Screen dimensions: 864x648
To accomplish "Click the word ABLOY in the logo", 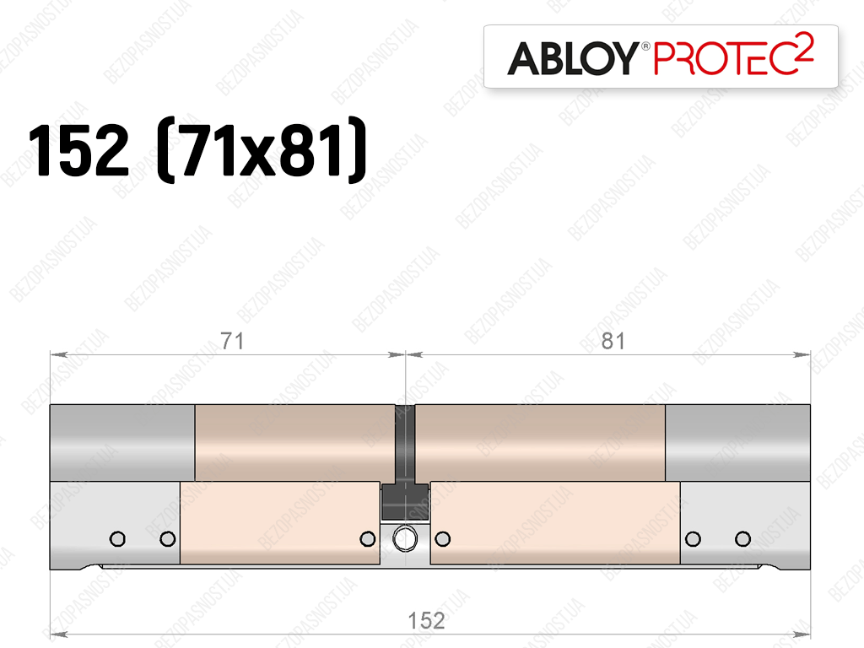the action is pos(573,58).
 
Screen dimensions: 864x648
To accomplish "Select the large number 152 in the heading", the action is pos(78,150).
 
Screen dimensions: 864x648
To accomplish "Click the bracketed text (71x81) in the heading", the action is pos(262,150).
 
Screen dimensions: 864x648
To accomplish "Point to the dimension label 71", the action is pos(232,341).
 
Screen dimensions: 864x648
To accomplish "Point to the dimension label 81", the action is pos(613,341).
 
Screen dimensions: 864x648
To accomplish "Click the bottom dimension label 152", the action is pos(426,620).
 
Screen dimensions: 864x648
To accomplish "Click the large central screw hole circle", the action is pos(405,538).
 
